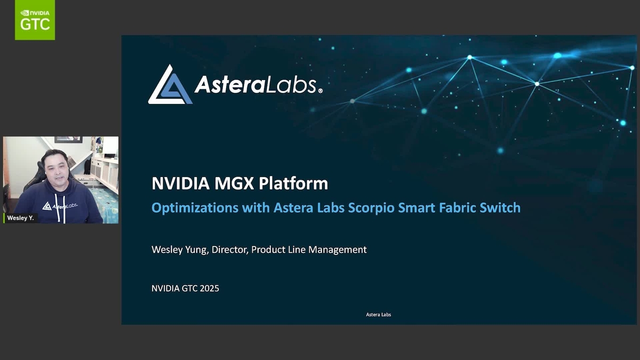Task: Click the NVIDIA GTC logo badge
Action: [35, 20]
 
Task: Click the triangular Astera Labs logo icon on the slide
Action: [170, 85]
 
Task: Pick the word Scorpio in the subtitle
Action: [372, 207]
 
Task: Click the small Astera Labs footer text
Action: [378, 315]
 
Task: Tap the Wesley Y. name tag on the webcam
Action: [20, 218]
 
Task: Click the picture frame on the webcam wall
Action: [68, 139]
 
